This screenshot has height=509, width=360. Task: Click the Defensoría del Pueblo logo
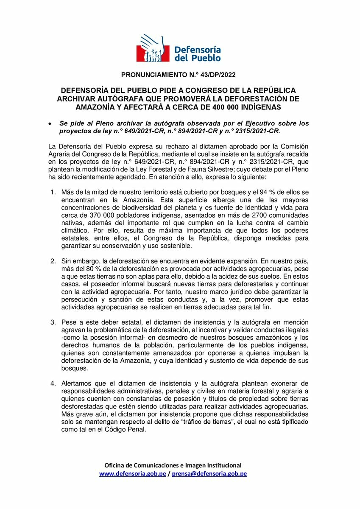180,48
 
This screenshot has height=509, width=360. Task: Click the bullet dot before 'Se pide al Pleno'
50,123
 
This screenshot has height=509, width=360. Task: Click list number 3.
53,322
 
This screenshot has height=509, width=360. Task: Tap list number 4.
53,383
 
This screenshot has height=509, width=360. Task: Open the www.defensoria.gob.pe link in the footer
132,474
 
